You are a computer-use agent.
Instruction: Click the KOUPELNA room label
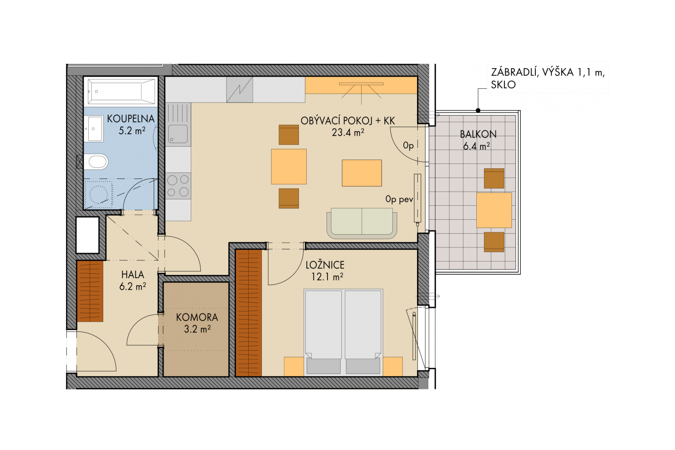tap(131, 119)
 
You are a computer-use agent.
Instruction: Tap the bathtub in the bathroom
tap(121, 91)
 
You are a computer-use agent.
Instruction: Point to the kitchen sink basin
tap(178, 134)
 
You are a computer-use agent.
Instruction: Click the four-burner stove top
tap(178, 185)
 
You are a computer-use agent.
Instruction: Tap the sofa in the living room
tap(362, 223)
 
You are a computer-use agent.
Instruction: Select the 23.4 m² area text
tap(348, 132)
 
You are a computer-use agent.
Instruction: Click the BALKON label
tap(478, 134)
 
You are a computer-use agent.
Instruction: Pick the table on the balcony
tap(494, 210)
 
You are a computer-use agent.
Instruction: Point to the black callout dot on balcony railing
tap(478, 110)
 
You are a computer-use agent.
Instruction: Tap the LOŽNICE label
tap(325, 265)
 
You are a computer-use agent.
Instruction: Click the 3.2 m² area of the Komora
tap(197, 329)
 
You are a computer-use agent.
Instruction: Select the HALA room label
tap(133, 275)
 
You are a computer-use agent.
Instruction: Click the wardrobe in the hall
tap(90, 291)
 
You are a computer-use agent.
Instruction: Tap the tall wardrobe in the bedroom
tap(249, 313)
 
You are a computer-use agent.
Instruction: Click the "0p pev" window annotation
tap(399, 199)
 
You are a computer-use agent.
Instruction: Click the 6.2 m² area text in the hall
tap(133, 287)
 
